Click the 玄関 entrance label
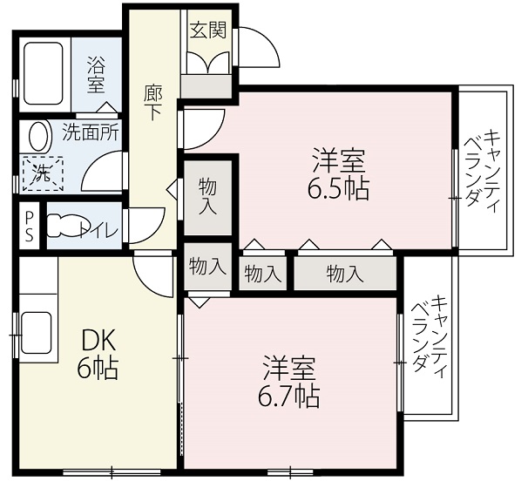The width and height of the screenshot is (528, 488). point(207,30)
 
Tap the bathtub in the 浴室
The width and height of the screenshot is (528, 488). point(44,73)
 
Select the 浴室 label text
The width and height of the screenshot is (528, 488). point(96,75)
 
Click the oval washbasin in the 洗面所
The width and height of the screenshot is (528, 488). point(40,136)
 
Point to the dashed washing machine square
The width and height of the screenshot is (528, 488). point(43,173)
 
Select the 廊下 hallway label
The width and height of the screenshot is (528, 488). point(152,103)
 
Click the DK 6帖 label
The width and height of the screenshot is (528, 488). point(98,354)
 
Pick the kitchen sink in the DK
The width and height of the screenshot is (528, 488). point(37,332)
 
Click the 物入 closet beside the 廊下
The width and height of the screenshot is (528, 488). point(207,197)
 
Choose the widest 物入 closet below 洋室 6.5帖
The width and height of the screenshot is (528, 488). point(345,274)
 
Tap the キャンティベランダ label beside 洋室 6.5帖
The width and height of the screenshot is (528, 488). point(482,171)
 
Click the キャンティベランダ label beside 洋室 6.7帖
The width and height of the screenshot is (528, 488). point(430,337)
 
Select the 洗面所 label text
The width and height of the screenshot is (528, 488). point(91,132)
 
